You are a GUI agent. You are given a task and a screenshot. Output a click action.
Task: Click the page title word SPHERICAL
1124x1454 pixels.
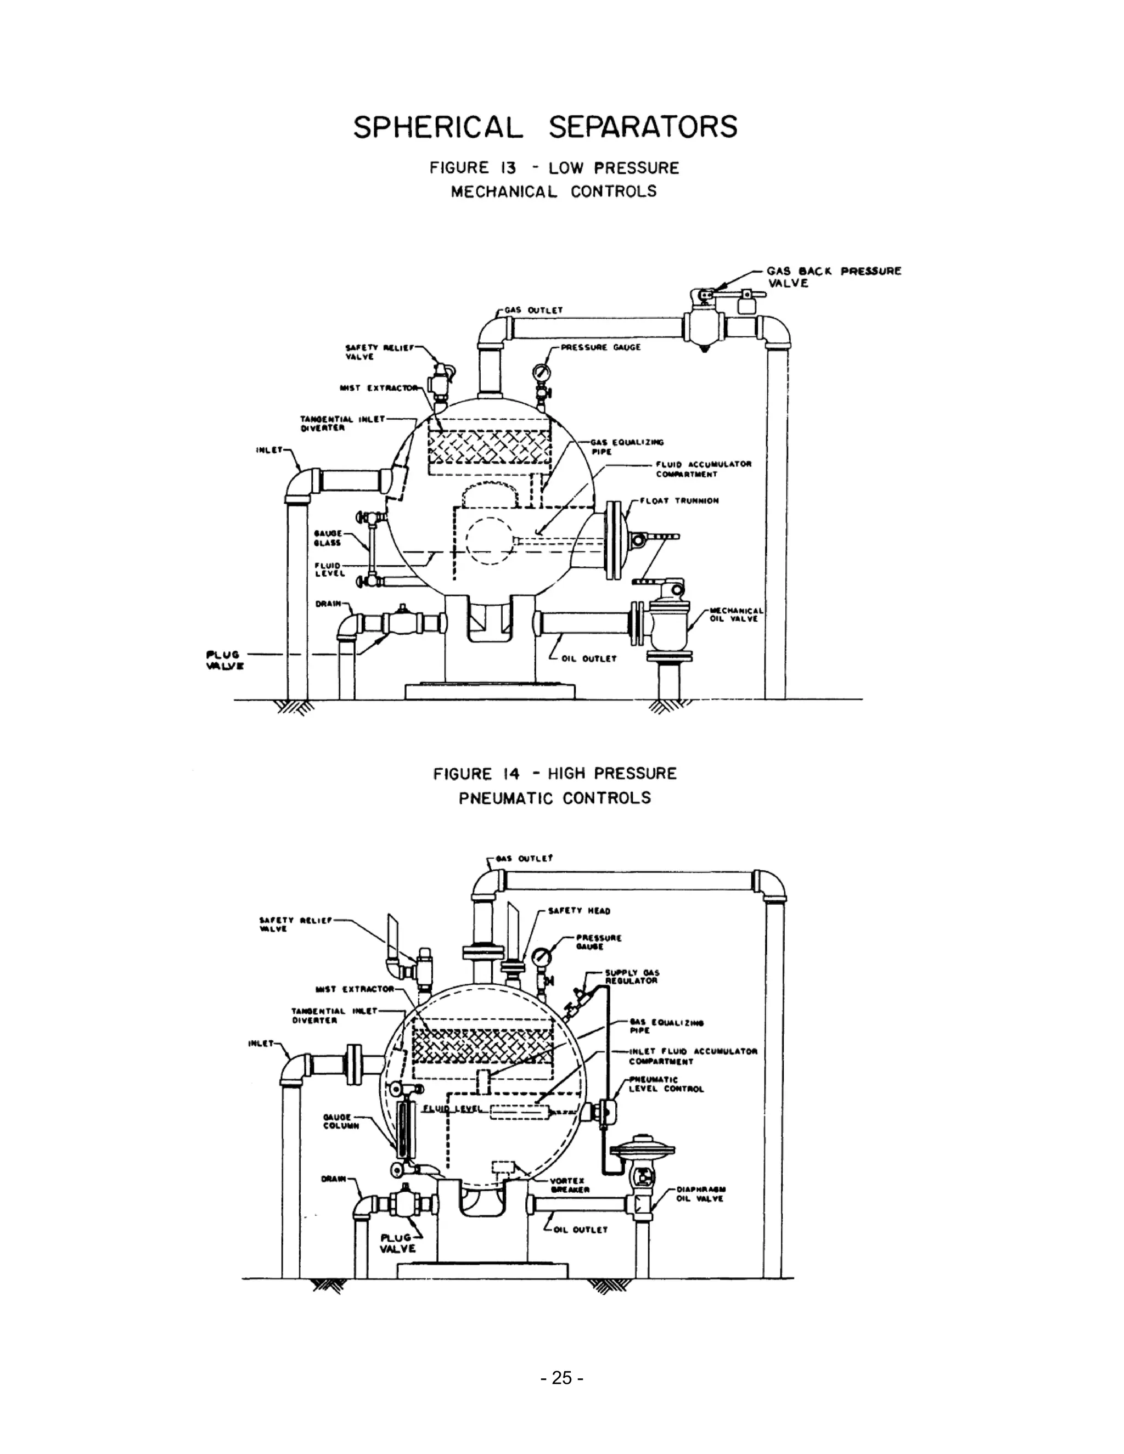click(x=437, y=127)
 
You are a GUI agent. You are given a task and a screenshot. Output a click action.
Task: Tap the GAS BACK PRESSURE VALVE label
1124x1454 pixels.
click(x=833, y=277)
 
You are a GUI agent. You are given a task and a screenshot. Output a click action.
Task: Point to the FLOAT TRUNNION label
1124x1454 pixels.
click(x=679, y=500)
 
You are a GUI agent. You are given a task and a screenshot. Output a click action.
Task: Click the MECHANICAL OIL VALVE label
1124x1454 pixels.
click(x=734, y=614)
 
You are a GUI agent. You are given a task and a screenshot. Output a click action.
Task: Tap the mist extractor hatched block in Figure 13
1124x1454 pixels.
click(x=490, y=447)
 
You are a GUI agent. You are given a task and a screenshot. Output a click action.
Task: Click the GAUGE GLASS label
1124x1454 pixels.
click(x=328, y=538)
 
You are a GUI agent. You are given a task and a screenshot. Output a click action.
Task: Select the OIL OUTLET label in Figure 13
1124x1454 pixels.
click(x=589, y=658)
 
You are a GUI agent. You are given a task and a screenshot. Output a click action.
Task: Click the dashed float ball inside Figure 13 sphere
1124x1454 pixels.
click(x=490, y=540)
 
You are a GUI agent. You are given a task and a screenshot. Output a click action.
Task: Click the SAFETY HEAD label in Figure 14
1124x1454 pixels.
click(x=578, y=911)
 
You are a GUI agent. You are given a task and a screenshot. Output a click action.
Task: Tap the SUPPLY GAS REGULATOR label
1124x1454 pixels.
click(x=631, y=977)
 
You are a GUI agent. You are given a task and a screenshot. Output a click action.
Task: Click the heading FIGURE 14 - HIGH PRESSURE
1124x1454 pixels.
click(x=555, y=774)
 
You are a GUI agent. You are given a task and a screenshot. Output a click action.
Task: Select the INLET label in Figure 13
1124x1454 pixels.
click(x=268, y=450)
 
